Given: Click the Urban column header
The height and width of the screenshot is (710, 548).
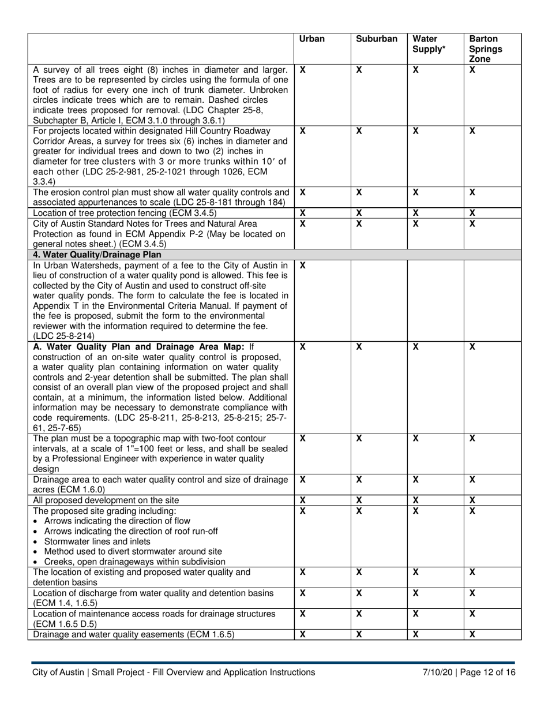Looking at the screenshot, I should (312, 39).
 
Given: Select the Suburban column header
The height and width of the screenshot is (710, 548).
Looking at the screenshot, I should (377, 39).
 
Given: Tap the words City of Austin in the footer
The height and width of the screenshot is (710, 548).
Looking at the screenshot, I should (58, 672).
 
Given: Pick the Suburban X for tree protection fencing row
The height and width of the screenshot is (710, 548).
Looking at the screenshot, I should (359, 213).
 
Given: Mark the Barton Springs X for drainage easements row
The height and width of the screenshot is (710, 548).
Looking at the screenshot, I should (472, 635).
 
